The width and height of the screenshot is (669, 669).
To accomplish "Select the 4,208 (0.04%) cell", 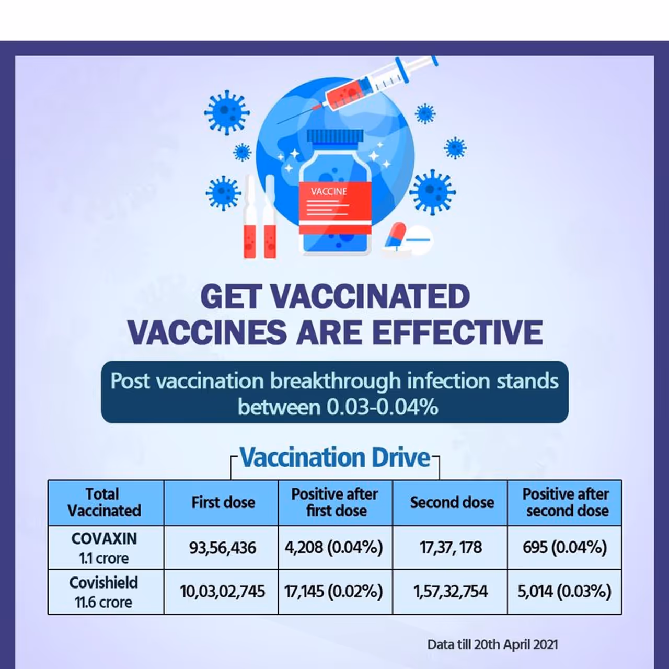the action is point(336,548).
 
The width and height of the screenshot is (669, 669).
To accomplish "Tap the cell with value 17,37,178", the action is point(450,548).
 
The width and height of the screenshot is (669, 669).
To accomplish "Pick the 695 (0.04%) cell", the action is point(564,548).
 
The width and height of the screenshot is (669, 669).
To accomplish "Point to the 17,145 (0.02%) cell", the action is point(336,592).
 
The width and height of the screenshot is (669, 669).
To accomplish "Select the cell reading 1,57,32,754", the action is point(450,592).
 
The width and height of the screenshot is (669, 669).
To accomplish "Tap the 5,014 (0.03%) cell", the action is point(564,592).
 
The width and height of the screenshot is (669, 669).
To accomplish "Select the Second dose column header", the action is point(450,503).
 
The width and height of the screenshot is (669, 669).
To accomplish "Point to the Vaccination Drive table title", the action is point(335,457).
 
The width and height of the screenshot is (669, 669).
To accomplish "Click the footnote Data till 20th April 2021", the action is point(492,644).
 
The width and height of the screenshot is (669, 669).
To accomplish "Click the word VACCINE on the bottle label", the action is point(328,192).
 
